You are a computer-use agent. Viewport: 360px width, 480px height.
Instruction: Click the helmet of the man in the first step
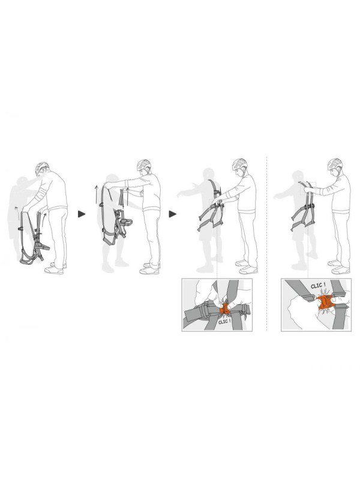41,167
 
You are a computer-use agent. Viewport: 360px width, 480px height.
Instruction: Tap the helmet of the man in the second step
143,164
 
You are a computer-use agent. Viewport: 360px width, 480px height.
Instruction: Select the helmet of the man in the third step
239,164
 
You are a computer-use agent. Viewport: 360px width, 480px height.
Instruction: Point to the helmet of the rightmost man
335,164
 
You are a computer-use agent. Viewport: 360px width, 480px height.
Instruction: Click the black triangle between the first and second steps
82,214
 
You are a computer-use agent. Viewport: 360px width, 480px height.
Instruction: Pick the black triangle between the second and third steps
173,214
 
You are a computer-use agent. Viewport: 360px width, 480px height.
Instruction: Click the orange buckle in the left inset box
224,308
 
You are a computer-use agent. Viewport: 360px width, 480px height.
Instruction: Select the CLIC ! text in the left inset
224,322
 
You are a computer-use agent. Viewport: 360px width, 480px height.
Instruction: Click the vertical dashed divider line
266,244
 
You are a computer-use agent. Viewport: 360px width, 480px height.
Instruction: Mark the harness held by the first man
34,238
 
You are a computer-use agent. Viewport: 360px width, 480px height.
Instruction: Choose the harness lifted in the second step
115,214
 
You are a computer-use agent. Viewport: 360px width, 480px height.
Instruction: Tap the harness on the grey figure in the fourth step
304,206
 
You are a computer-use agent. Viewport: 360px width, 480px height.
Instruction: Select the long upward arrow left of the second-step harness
96,194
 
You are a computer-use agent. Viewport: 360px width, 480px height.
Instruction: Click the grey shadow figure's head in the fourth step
298,176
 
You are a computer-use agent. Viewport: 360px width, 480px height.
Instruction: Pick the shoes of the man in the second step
149,268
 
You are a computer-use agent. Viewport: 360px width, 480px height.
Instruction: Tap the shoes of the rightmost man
339,267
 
